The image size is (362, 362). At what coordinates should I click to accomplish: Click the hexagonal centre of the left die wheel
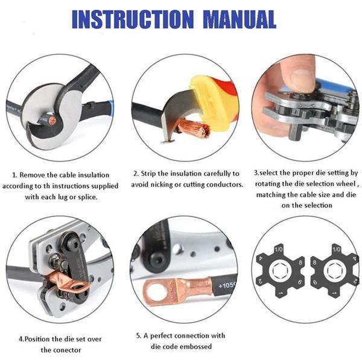pos(281,271)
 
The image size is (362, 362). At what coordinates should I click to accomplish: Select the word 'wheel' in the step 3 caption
pos(347,184)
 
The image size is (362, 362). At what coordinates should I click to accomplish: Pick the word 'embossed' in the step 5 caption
pos(195,347)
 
